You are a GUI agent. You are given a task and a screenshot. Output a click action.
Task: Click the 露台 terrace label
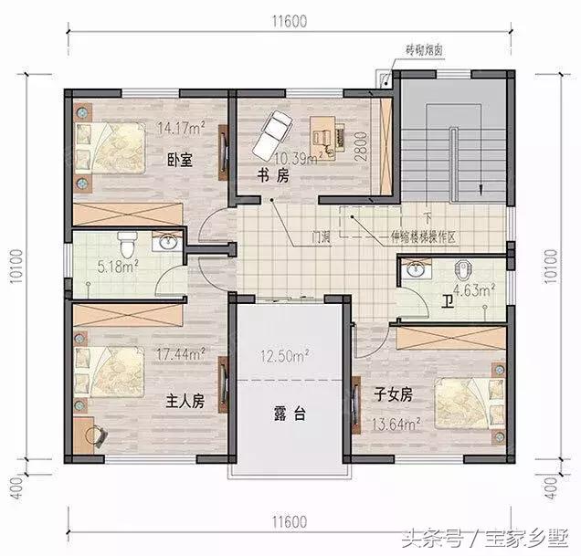coord(288,414)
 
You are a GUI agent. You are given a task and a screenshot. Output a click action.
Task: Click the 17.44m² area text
coord(183,351)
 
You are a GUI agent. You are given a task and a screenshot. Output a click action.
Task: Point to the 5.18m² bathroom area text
coord(118,268)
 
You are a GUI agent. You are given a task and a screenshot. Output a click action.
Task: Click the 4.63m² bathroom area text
coord(476,292)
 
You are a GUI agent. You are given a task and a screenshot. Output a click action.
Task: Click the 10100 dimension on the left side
coord(17,269)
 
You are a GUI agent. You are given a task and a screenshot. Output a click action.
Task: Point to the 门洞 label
coord(320,236)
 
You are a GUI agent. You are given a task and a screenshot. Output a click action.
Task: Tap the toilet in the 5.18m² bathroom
coord(130,244)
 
